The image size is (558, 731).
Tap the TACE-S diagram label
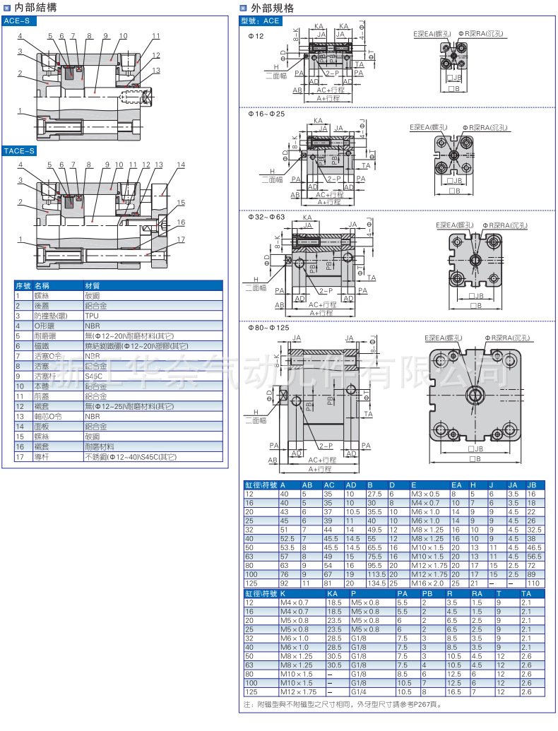[x=20, y=150]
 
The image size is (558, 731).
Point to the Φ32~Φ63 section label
[x=266, y=217]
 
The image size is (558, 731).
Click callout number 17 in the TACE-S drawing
[x=182, y=239]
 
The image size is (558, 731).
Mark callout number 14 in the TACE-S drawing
[x=181, y=165]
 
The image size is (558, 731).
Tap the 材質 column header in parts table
[x=93, y=286]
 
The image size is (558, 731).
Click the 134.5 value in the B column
[x=376, y=583]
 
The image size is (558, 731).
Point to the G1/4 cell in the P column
[x=358, y=692]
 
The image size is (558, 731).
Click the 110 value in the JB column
[x=533, y=583]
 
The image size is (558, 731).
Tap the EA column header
[x=456, y=485]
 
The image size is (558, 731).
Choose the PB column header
[x=427, y=593]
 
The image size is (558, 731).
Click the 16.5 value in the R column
[x=452, y=692]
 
